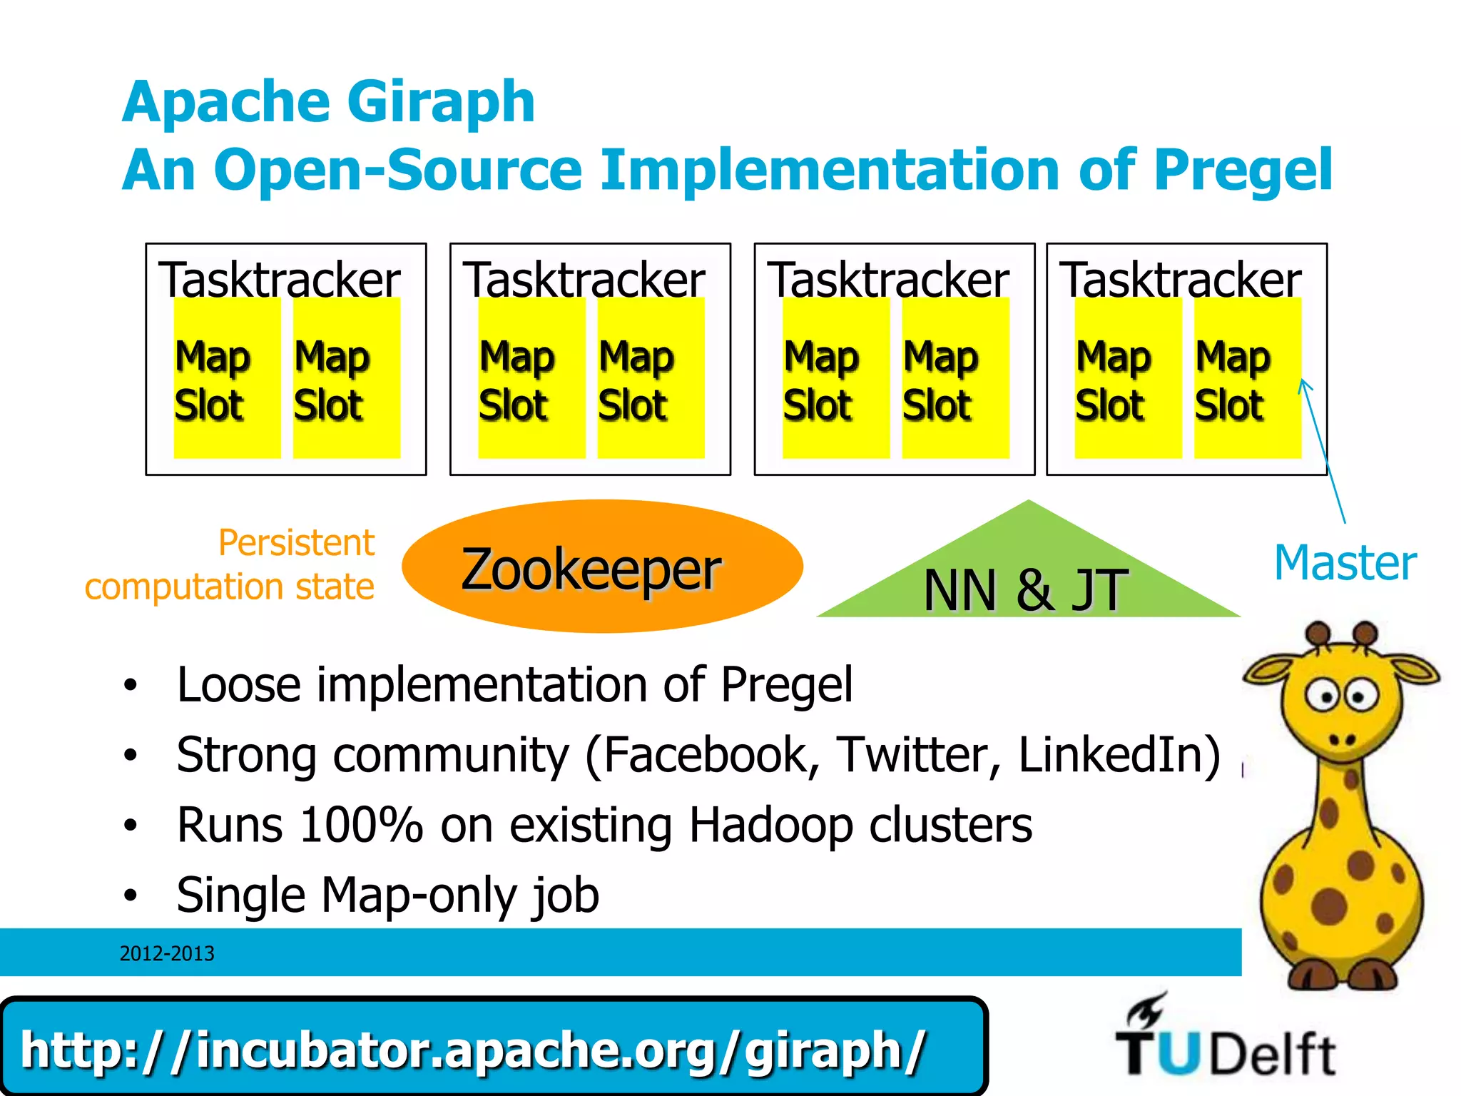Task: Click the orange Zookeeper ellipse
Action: pos(602,567)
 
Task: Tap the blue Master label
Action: pos(1345,563)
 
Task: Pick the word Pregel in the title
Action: pos(1242,170)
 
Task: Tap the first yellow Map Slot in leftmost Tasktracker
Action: pos(227,378)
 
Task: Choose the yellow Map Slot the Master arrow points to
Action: pos(1247,378)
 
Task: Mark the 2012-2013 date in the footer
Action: pos(167,953)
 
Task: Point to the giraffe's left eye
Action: pos(1323,696)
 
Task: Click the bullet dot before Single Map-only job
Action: pos(130,895)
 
